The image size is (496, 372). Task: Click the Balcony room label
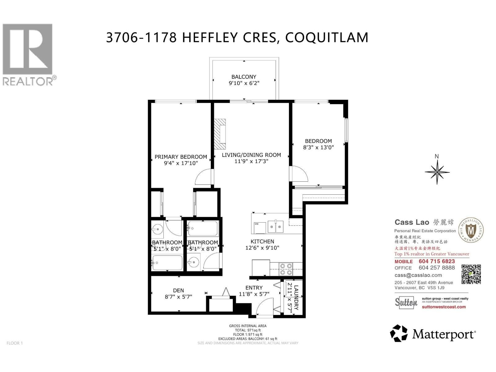click(x=244, y=77)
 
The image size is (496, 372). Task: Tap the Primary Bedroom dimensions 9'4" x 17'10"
click(x=181, y=163)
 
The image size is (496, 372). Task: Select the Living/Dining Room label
click(x=251, y=155)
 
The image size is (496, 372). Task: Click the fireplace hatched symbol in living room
click(x=220, y=134)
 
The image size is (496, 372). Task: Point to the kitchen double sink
click(x=276, y=227)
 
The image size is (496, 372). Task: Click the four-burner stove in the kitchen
click(x=286, y=269)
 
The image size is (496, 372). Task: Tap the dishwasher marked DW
click(x=259, y=228)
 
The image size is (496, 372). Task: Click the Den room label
click(x=178, y=290)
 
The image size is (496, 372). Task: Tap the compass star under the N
click(x=437, y=172)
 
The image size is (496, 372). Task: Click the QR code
click(x=471, y=274)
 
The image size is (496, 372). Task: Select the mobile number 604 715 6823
click(x=436, y=261)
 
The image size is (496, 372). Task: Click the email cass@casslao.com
click(x=418, y=275)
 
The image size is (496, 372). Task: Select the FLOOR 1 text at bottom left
click(x=15, y=343)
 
